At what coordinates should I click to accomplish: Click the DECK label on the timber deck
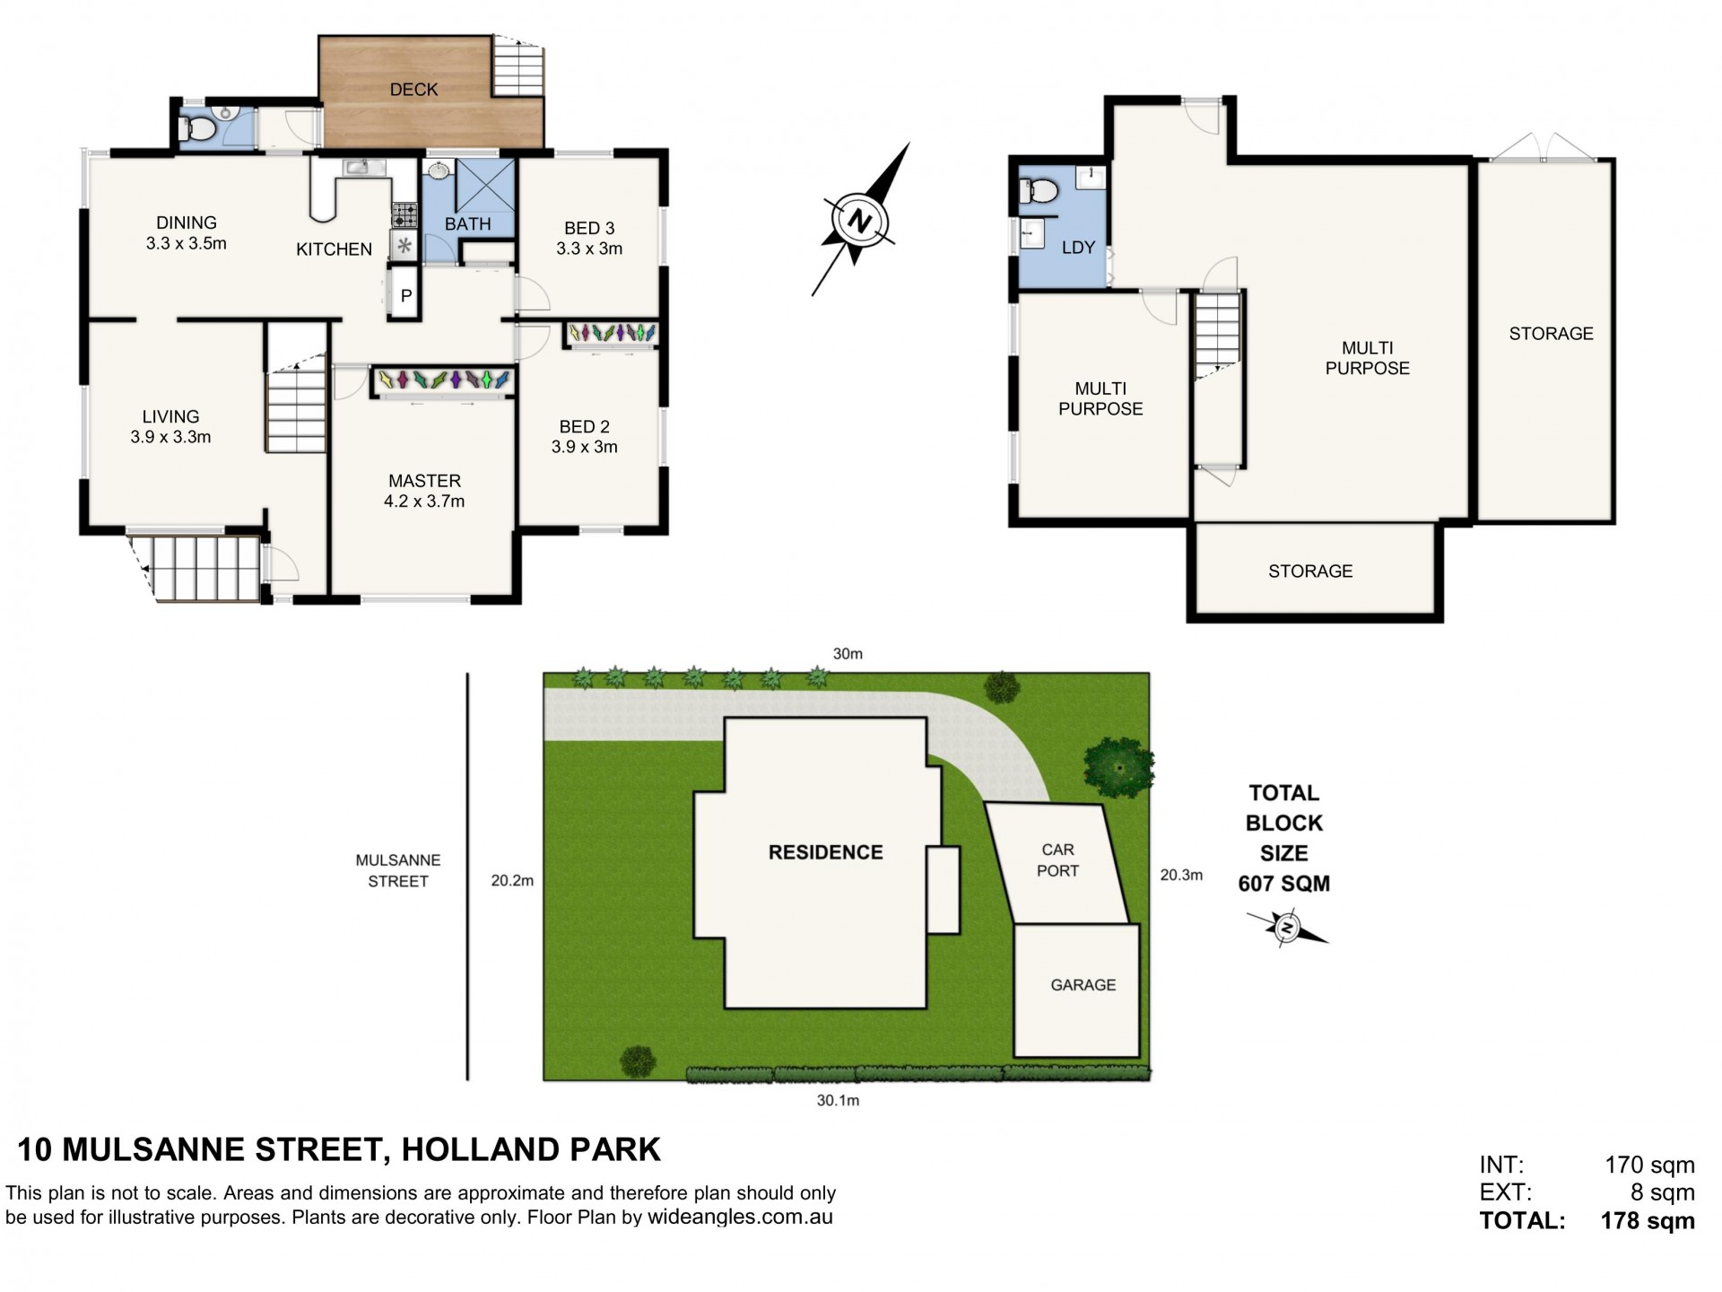coord(413,90)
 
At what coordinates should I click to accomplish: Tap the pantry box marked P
coord(406,295)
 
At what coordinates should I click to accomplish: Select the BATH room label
coord(468,224)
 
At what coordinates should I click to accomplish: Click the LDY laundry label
coord(1078,248)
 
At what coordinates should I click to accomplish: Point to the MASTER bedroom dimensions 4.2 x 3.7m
coord(424,502)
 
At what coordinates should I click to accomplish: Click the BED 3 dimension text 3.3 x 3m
coord(589,249)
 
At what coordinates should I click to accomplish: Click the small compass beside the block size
coord(1287,928)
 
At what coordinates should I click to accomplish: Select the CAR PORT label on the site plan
coord(1058,860)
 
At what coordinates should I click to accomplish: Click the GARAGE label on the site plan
coord(1083,985)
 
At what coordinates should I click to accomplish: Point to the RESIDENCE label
coord(826,852)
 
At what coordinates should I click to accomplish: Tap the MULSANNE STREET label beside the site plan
coord(398,870)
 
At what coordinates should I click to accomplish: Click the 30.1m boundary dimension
coord(838,1101)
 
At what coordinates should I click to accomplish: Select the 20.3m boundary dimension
coord(1181,875)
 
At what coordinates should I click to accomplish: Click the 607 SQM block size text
coord(1284,884)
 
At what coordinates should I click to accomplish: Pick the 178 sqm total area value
coord(1648,1221)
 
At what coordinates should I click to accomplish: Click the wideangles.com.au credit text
coord(740,1218)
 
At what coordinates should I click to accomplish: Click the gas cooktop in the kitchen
coord(404,215)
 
